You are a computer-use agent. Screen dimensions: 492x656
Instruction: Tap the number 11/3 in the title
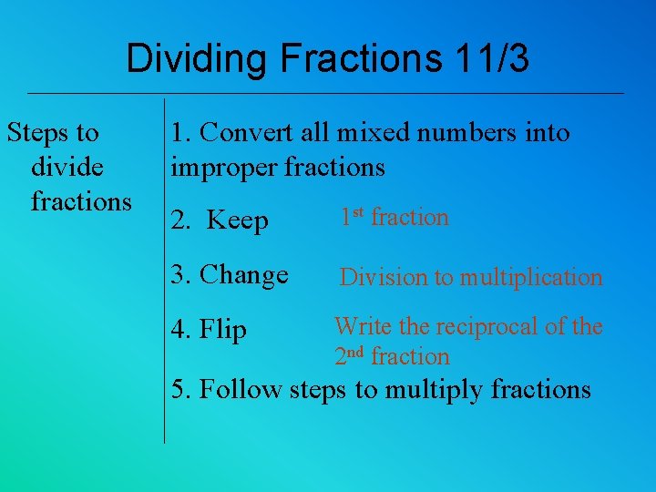[x=489, y=59]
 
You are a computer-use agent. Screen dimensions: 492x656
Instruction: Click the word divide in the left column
[x=67, y=167]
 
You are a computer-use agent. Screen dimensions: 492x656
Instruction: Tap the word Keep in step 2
[x=237, y=220]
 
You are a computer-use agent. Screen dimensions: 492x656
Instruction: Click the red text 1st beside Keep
[x=352, y=217]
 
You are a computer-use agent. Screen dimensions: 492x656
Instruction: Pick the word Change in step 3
[x=243, y=274]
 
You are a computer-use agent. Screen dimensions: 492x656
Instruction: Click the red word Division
[x=382, y=277]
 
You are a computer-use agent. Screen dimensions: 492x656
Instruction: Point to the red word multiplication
[x=530, y=278]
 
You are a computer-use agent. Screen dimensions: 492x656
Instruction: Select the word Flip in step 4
[x=223, y=329]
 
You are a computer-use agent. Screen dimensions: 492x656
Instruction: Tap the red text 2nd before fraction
[x=350, y=356]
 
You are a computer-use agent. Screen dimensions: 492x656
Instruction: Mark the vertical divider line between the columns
[x=164, y=273]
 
